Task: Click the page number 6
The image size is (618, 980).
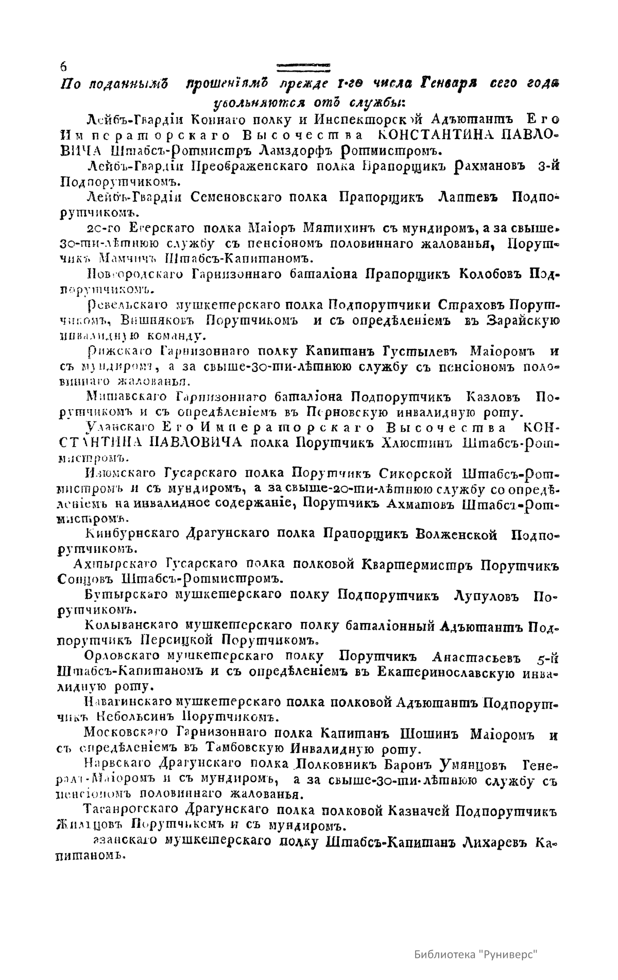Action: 63,66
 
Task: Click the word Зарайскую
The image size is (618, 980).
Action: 523,320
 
